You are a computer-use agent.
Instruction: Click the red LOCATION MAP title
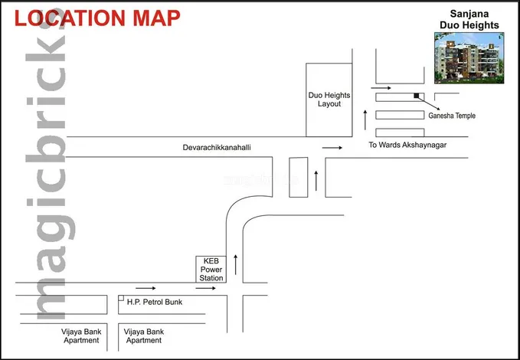tap(97, 18)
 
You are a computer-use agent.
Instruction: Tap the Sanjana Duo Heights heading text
tap(469, 20)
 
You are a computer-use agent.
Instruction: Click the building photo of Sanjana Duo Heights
tap(469, 57)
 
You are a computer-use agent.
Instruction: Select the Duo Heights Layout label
tap(329, 100)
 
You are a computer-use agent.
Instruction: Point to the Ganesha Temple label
tap(452, 116)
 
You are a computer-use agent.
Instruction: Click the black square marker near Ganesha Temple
tap(417, 96)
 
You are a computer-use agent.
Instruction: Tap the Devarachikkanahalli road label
tap(217, 147)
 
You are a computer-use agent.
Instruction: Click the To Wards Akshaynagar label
tap(407, 145)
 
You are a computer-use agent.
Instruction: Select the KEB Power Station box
tap(211, 270)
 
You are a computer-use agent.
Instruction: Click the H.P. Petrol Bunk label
tap(155, 302)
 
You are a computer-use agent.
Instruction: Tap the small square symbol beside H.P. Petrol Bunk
tap(121, 298)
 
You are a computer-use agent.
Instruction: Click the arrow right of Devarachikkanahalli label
tap(332, 148)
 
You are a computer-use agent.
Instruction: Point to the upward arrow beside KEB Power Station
tap(235, 265)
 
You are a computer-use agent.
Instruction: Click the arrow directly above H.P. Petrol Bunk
tap(146, 288)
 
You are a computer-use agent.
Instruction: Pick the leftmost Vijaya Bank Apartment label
tap(81, 336)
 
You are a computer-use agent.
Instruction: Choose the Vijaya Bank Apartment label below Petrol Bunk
tap(144, 336)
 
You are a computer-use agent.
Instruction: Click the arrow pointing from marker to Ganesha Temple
tap(429, 103)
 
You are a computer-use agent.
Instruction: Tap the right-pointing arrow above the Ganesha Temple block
tap(381, 88)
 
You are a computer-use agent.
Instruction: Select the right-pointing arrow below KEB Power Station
tap(205, 288)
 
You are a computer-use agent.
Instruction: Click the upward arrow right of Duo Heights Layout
tap(365, 119)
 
